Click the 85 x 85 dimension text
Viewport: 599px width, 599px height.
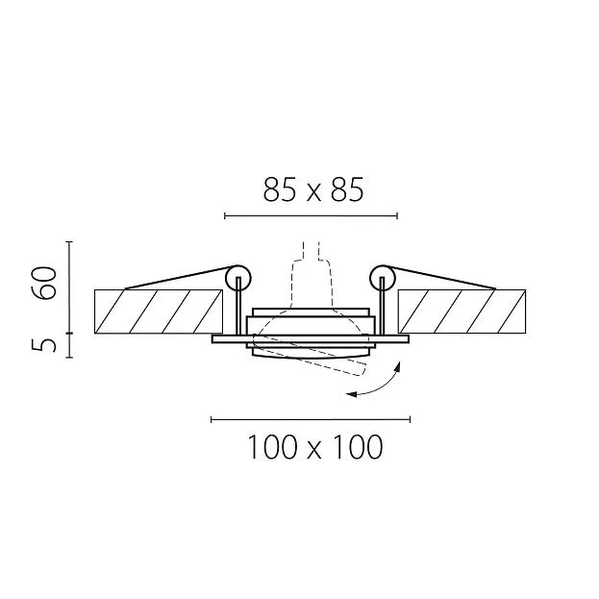313,189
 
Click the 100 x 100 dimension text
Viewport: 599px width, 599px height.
315,446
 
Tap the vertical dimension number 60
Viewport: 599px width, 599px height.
44,283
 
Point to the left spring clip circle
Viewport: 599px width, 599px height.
238,278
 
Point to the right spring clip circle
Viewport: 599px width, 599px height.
382,278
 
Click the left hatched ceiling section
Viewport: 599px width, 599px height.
159,312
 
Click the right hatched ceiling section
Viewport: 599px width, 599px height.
462,312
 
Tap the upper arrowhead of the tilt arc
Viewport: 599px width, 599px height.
398,366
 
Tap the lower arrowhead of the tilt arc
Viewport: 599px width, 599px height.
351,394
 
